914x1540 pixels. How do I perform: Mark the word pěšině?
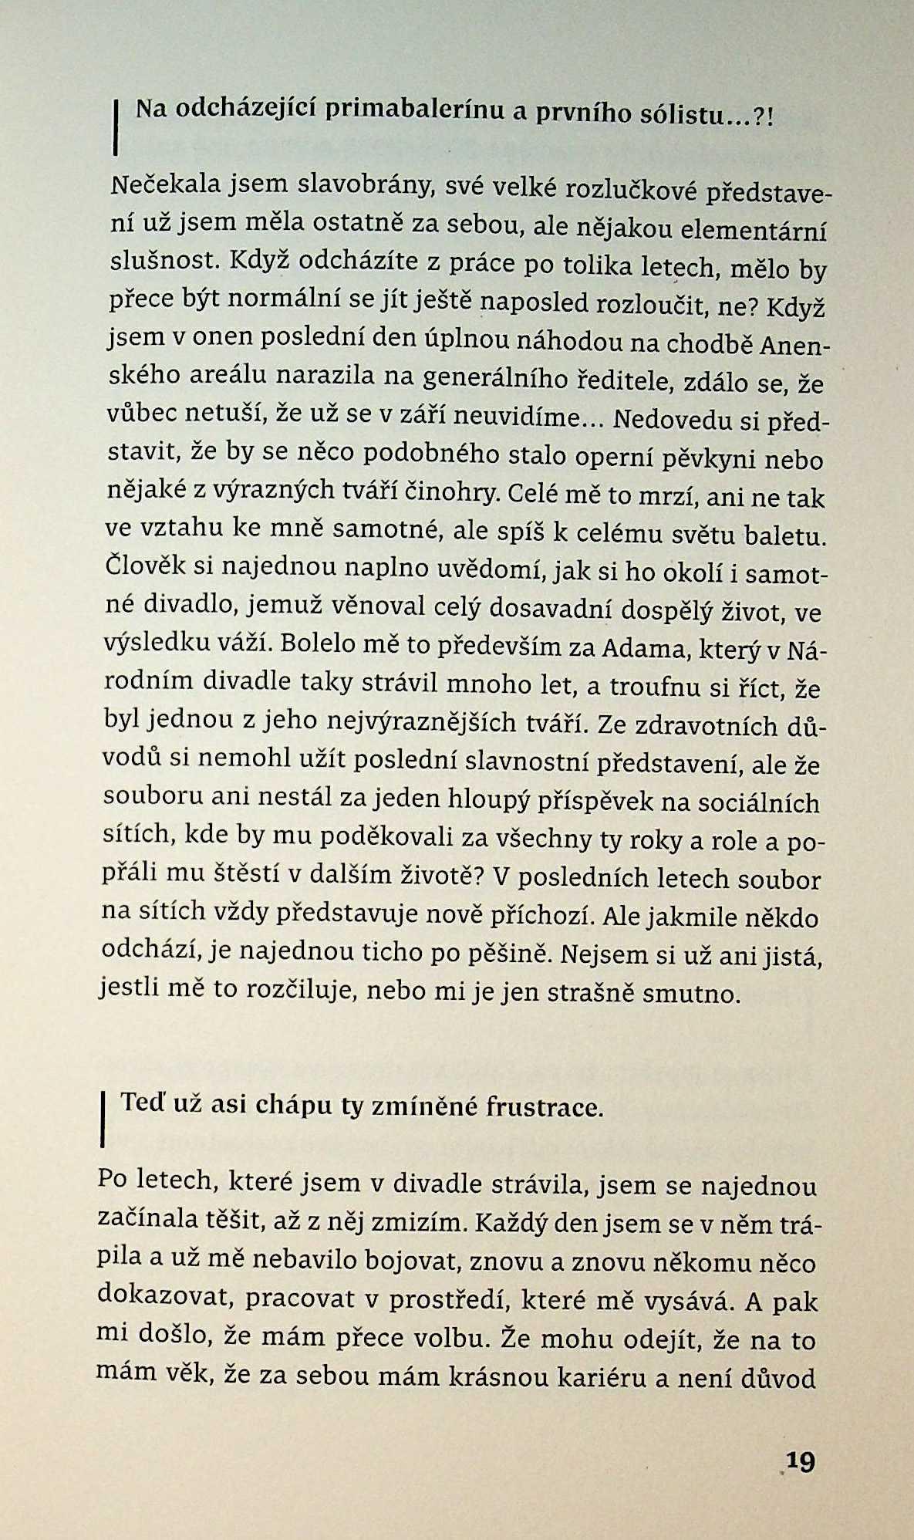pos(510,954)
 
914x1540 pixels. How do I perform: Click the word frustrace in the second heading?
pos(544,1108)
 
